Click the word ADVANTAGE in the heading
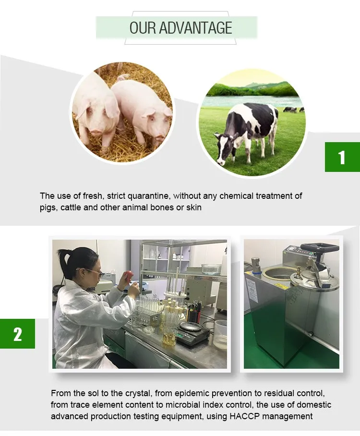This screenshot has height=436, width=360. (x=195, y=28)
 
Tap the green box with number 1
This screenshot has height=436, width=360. (x=342, y=157)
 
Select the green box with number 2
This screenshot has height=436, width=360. (x=17, y=334)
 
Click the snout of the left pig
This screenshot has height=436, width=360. (x=96, y=131)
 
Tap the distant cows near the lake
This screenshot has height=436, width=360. (x=293, y=109)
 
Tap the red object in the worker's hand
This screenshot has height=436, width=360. (x=129, y=276)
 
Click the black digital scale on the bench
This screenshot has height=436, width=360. (x=192, y=333)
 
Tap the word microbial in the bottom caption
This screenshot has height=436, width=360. (x=183, y=405)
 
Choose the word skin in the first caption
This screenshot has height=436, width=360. (x=194, y=207)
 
